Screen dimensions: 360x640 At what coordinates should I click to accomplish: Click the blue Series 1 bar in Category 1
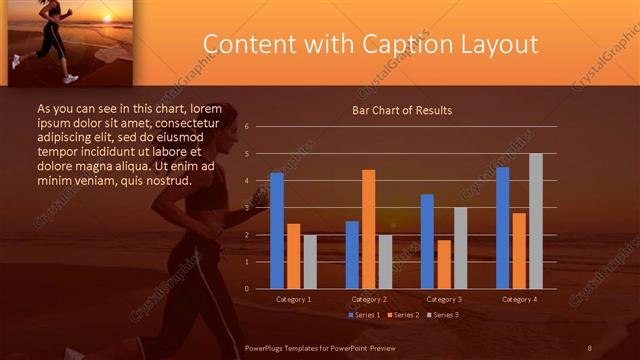click(x=276, y=231)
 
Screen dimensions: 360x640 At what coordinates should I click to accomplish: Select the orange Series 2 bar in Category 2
click(x=368, y=229)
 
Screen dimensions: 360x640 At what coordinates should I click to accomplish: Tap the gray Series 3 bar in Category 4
click(x=535, y=221)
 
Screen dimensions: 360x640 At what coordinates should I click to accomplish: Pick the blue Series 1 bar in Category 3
click(x=427, y=241)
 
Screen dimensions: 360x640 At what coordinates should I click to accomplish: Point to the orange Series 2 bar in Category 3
click(x=443, y=264)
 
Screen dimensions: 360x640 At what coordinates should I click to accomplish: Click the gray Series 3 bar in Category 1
click(x=310, y=262)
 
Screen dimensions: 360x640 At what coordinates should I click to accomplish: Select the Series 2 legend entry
click(x=402, y=315)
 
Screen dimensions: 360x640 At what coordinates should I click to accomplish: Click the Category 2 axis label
click(x=369, y=299)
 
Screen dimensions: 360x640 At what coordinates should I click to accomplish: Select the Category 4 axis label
click(x=519, y=299)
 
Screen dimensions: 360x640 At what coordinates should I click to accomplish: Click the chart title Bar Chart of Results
click(x=402, y=110)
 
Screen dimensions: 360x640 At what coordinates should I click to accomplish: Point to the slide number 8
click(x=590, y=347)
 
